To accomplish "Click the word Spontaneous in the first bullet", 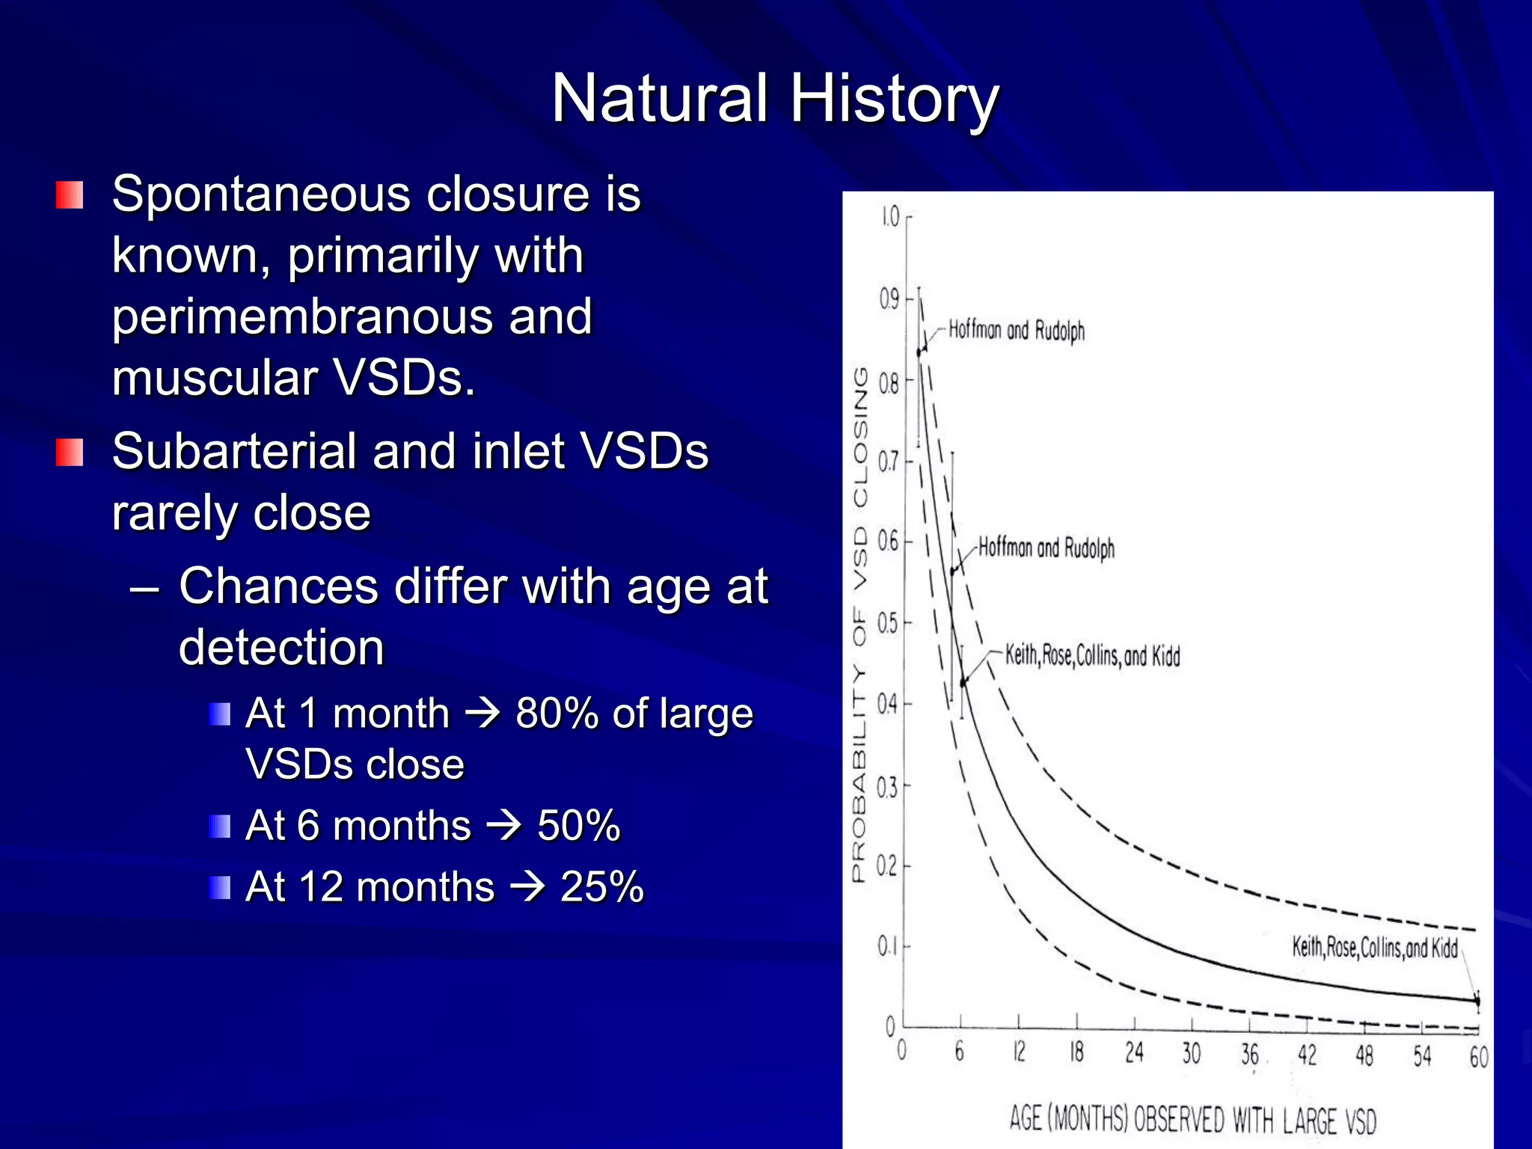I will [x=261, y=194].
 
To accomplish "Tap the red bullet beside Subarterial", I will [x=69, y=453].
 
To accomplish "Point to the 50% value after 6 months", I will [x=578, y=826].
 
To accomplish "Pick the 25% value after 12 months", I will [x=601, y=887].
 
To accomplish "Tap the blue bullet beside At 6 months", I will [x=220, y=827].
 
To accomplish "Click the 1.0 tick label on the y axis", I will [x=889, y=217].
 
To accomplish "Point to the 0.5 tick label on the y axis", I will [x=887, y=623].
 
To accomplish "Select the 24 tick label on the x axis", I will [x=1134, y=1053].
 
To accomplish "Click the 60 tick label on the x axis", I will [x=1478, y=1056].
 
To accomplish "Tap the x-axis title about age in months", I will [x=1192, y=1119].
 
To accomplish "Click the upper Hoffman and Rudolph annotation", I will [x=1016, y=330].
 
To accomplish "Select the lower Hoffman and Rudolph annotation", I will [x=1046, y=548].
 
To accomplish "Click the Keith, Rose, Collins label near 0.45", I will [x=1092, y=655].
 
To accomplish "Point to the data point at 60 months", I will [x=1477, y=1000].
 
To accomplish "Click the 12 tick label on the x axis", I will [x=1019, y=1052].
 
